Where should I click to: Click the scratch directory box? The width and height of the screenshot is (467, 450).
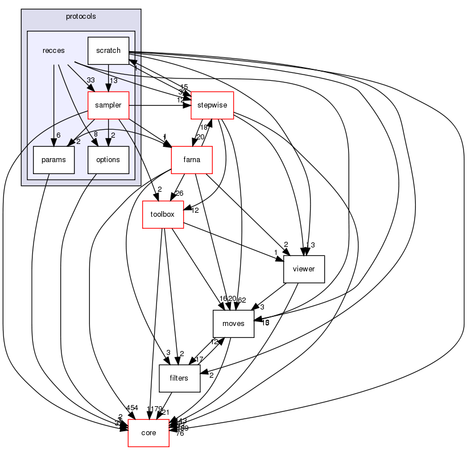point(108,50)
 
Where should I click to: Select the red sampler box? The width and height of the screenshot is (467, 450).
point(108,105)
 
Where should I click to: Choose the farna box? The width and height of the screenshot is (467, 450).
point(192,160)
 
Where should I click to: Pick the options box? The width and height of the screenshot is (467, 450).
point(108,160)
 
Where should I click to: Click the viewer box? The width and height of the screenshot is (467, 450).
point(304,269)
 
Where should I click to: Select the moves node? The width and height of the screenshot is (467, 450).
point(233,324)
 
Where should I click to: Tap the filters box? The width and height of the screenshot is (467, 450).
point(179,378)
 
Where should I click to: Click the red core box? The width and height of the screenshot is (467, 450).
point(149,433)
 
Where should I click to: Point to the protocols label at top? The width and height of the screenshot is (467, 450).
point(81,16)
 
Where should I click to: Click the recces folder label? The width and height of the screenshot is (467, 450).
point(53,51)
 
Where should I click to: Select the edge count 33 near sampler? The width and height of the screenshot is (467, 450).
point(90,80)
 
